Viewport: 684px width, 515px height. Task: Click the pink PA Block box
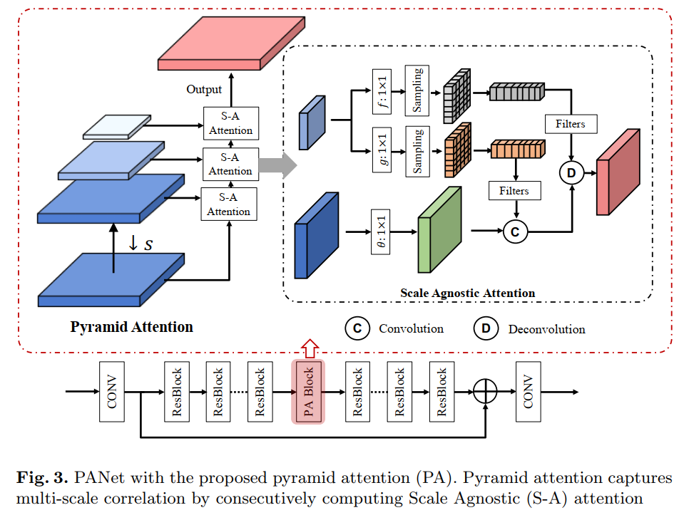click(x=308, y=392)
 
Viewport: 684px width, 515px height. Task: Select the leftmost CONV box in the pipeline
click(x=112, y=392)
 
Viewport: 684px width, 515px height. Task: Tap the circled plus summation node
click(x=484, y=392)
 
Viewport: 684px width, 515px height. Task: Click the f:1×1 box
click(x=382, y=90)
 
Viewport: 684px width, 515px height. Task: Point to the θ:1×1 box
click(x=382, y=232)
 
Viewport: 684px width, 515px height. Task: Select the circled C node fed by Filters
click(x=516, y=231)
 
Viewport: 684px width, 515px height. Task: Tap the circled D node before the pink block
click(x=571, y=172)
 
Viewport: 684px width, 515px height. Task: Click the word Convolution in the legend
click(x=411, y=328)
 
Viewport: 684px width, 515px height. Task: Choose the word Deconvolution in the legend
click(x=546, y=329)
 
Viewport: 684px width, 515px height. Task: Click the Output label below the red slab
click(x=204, y=90)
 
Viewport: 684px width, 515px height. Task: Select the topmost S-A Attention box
click(x=230, y=124)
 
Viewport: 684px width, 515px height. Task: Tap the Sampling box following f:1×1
click(x=417, y=90)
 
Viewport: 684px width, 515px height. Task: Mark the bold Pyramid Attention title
click(x=131, y=327)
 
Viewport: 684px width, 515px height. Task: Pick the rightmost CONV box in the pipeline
click(x=529, y=392)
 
